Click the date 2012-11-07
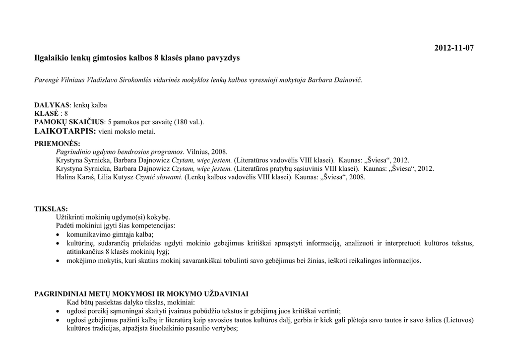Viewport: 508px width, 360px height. tap(454, 48)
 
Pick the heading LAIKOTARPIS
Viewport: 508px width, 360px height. tap(64, 132)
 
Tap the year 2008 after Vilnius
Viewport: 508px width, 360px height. tap(218, 152)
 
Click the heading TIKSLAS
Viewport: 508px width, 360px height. tap(51, 209)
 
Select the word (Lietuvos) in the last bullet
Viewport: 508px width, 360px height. tap(456, 320)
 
